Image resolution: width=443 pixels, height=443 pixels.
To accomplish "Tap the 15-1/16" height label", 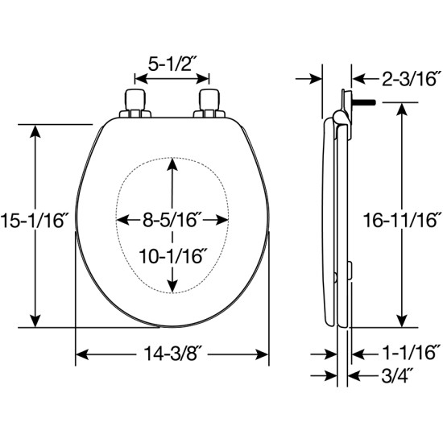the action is (x=33, y=221).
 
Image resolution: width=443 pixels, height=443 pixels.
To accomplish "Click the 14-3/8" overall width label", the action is (x=174, y=354).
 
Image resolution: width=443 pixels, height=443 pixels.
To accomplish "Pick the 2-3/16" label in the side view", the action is (x=412, y=79).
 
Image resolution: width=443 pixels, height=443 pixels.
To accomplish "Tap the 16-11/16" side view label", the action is (x=401, y=221).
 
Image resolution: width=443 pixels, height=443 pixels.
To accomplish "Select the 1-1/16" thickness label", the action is (x=411, y=353).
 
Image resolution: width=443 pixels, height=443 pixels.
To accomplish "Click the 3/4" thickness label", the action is (x=397, y=376).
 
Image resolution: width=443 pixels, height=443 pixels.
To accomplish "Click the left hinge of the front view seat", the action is (x=135, y=103).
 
